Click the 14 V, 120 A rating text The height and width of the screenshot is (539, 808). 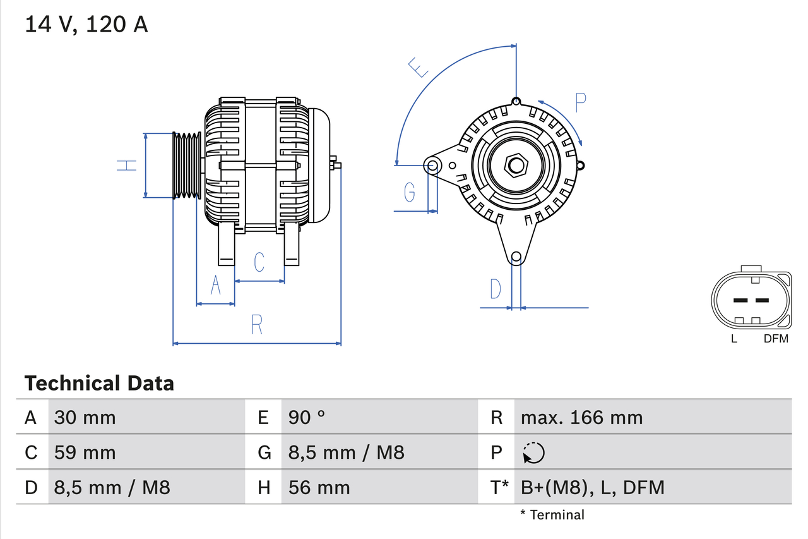tap(86, 24)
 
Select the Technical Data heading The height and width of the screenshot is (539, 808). tap(99, 383)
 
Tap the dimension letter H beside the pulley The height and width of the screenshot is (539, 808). tap(127, 166)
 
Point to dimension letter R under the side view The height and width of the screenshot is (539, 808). tap(256, 324)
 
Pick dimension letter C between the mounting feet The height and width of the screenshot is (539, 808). tap(259, 262)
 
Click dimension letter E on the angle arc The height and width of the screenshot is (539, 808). tap(419, 67)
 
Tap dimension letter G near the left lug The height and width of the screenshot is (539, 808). tap(410, 192)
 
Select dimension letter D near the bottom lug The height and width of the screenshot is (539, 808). tap(496, 289)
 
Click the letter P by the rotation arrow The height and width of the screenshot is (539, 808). tap(581, 102)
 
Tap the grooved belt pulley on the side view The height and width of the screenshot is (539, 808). tap(187, 166)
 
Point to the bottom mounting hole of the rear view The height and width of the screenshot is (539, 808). tap(516, 256)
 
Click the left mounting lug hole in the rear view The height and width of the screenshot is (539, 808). tap(433, 166)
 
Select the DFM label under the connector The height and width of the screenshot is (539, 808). tap(776, 339)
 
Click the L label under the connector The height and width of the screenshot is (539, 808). tap(734, 339)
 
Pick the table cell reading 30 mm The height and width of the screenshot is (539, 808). tap(85, 417)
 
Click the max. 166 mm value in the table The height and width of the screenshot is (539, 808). tap(581, 417)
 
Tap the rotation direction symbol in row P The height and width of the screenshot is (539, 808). tap(533, 452)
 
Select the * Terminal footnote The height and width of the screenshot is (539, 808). tap(552, 514)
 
